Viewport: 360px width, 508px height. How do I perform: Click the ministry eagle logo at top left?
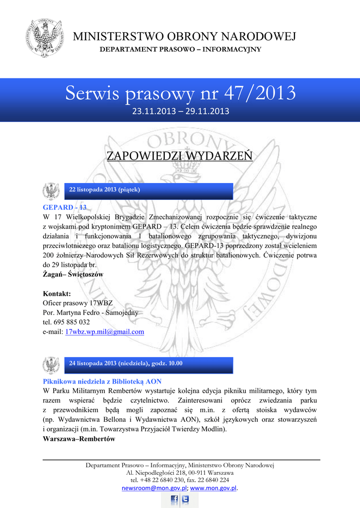45,38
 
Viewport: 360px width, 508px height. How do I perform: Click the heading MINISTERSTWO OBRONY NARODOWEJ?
184,37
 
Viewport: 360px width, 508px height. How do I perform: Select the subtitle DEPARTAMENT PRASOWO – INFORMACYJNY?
181,50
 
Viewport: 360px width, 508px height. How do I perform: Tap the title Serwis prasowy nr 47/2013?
180,93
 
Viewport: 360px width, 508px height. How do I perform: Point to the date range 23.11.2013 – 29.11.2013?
180,111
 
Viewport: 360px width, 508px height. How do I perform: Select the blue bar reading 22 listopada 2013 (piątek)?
148,190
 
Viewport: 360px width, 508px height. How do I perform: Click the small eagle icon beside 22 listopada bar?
51,190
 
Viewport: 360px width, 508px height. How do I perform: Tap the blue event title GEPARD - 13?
65,207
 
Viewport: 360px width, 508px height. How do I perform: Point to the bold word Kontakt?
57,294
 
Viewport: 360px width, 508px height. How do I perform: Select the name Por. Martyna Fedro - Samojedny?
91,313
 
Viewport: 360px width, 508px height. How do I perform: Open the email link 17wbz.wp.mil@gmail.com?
105,331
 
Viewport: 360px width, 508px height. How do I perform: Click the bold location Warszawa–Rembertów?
79,439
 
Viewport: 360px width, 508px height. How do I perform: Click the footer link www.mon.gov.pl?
214,488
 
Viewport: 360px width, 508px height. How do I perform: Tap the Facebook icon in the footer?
174,500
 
